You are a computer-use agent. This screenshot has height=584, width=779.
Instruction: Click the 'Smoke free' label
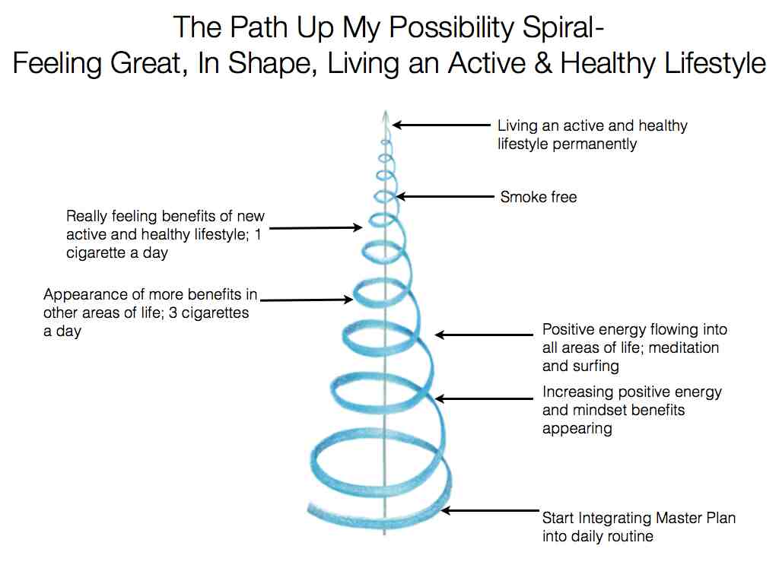coord(539,197)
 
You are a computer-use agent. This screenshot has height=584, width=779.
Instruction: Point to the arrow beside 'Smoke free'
coord(445,197)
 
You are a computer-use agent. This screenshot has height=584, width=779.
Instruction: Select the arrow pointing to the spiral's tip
coord(441,125)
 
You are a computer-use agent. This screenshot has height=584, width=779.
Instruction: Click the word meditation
coord(684,348)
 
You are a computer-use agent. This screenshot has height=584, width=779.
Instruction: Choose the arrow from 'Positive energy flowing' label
coord(484,335)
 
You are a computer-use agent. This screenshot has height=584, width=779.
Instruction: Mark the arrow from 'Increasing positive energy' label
coord(484,398)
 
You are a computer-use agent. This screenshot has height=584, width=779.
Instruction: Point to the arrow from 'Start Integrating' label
coord(490,510)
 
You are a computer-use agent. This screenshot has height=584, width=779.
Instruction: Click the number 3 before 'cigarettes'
coord(173,313)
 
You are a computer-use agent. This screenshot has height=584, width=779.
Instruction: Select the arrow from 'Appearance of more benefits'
coord(307,300)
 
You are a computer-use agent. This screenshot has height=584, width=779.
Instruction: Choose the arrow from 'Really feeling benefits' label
coord(316,228)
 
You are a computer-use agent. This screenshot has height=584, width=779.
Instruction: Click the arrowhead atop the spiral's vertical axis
coord(385,116)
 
